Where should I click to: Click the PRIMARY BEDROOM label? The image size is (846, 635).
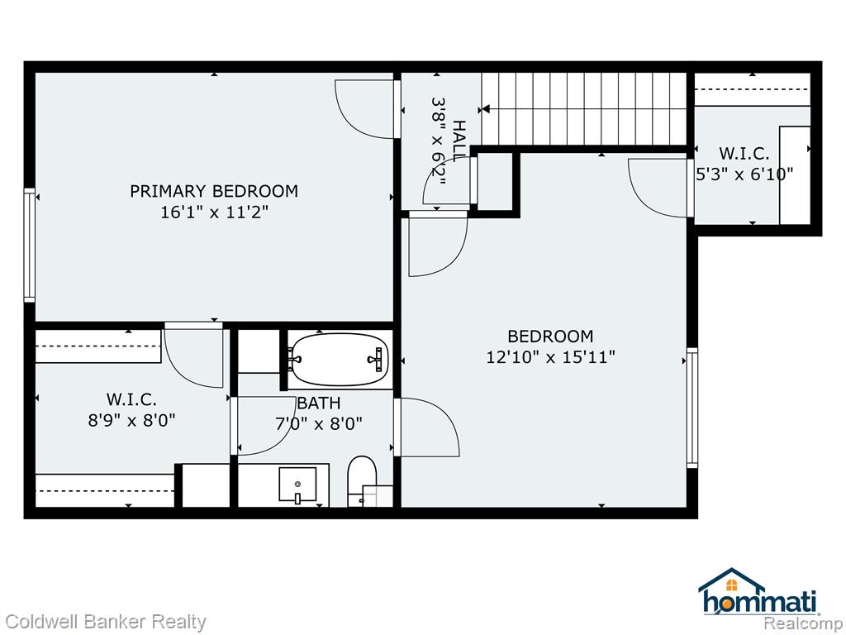(214, 191)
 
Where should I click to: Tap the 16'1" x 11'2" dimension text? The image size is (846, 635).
(214, 212)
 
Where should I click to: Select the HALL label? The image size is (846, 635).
(459, 141)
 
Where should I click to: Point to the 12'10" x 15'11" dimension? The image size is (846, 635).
(550, 357)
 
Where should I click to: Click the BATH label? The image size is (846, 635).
(319, 403)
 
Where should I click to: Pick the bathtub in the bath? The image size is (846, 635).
(339, 360)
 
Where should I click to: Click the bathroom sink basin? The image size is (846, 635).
(297, 485)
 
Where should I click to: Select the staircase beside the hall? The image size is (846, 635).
(584, 109)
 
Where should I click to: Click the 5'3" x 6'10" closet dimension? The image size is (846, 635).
(744, 174)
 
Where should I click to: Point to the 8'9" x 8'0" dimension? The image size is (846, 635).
(131, 420)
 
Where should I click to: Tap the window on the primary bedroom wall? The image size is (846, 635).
(29, 245)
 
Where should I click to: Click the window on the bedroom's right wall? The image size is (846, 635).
(692, 408)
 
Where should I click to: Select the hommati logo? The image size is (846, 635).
(758, 592)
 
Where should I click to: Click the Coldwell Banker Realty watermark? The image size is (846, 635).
(106, 622)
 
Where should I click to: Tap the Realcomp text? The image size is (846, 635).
(803, 623)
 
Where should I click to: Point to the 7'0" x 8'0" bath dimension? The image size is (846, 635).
(319, 424)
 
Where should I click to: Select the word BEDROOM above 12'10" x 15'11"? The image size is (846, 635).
(550, 337)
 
